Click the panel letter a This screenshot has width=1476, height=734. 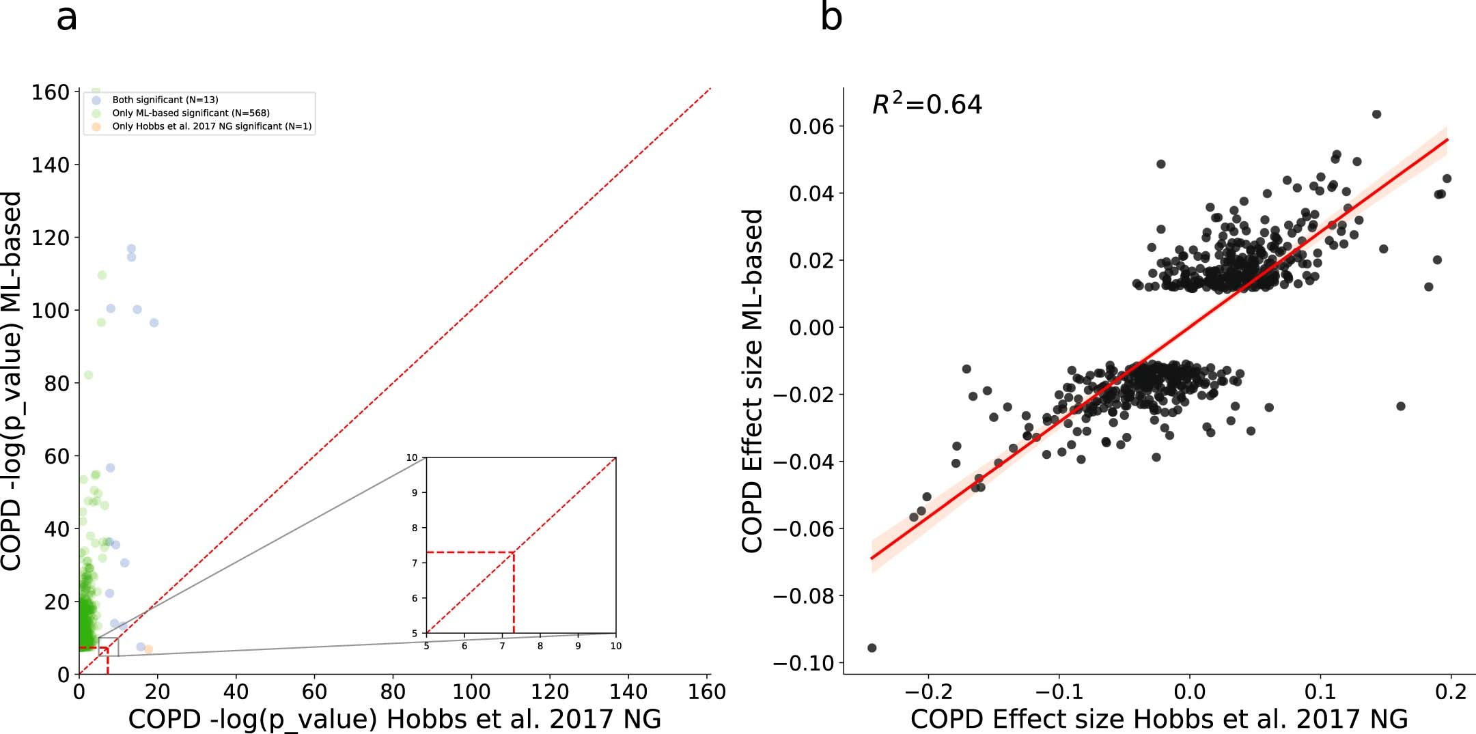coord(66,18)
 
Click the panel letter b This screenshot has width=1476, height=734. coord(831,17)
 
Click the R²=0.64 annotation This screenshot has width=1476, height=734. coord(927,104)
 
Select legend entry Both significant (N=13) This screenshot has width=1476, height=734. coord(165,100)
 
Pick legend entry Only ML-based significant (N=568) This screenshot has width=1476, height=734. coord(191,113)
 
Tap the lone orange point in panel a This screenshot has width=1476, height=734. coord(148,649)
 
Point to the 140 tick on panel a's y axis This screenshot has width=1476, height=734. coord(51,165)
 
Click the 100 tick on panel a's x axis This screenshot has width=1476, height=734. coord(471,692)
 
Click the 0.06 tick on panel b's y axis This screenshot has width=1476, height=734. coord(811,126)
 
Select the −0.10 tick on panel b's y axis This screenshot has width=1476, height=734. coord(805,663)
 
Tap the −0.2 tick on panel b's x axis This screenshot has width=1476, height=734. coord(928,692)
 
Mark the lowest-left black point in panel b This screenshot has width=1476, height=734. coord(872,648)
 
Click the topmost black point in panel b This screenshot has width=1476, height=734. coord(1376,114)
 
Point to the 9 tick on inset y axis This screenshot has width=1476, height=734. coord(415,492)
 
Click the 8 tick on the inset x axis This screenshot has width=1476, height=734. coord(540,646)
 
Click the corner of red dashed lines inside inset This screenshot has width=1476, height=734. coord(514,552)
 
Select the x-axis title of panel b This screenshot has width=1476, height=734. coord(1159,719)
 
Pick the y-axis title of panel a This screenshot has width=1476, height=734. coord(12,380)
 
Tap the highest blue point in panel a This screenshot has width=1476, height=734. coord(131,249)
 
